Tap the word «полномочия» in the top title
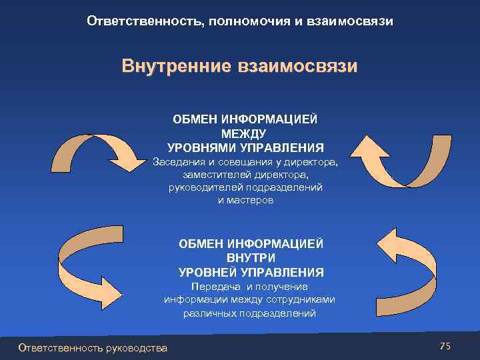(245, 21)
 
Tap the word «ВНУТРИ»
(251, 258)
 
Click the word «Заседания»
(179, 162)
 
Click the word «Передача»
(213, 287)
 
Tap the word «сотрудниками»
(304, 299)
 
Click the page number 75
(445, 345)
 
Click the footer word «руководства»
(136, 347)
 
